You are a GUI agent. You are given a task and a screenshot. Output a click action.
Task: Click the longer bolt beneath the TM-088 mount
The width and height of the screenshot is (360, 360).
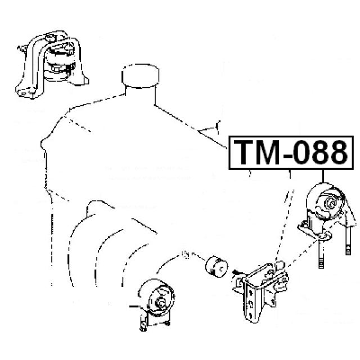[321, 251]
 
